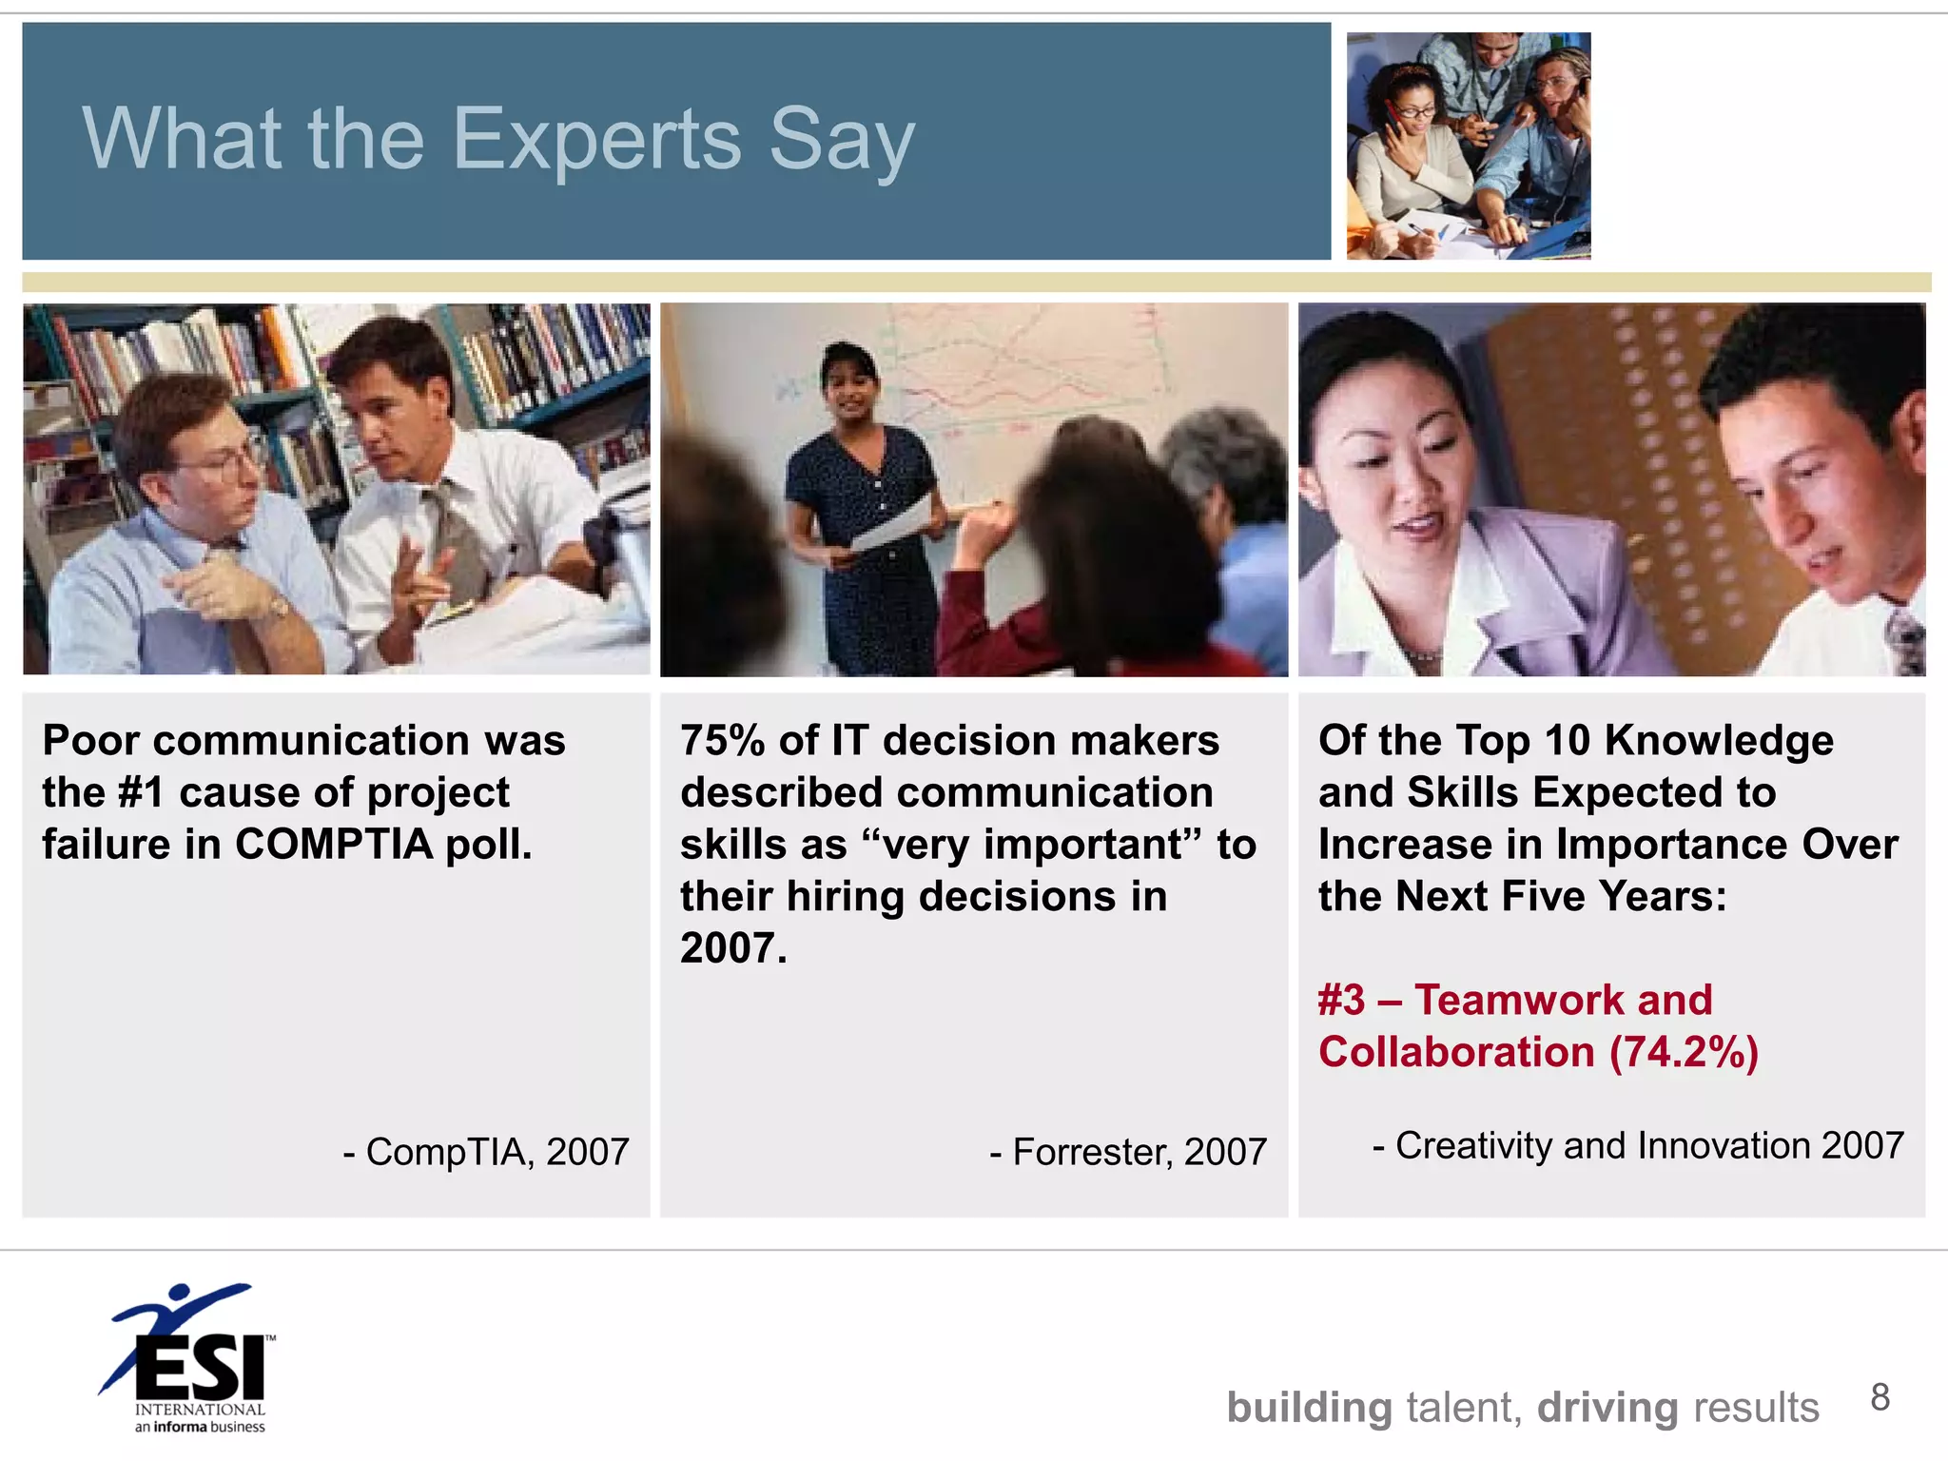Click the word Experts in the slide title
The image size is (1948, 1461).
(x=596, y=140)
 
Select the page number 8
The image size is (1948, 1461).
(x=1880, y=1397)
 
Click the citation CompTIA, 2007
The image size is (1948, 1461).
(x=486, y=1152)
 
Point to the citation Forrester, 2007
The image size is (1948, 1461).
(x=1129, y=1152)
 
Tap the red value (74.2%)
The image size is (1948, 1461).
(x=1684, y=1052)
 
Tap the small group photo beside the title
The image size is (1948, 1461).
(x=1468, y=146)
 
